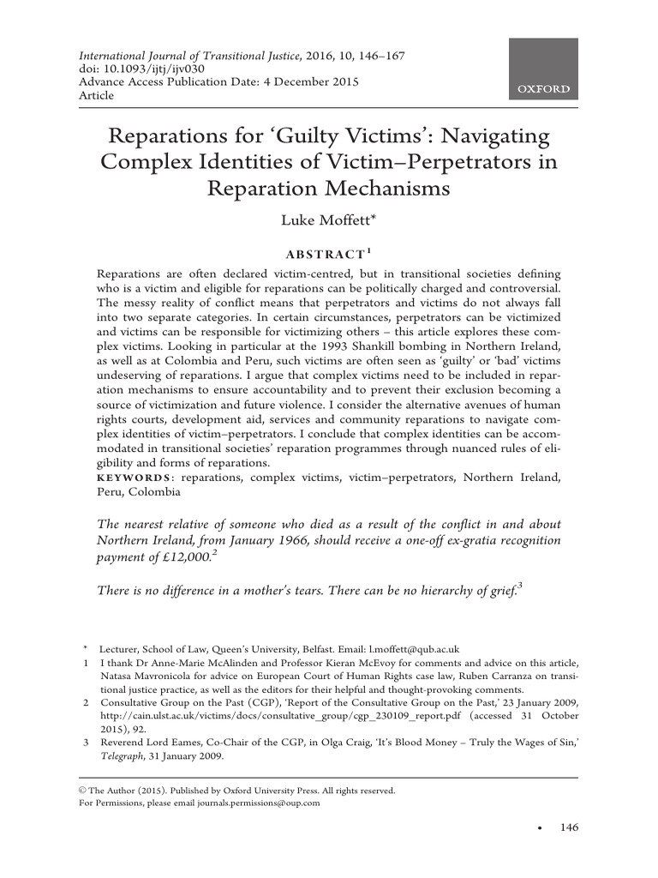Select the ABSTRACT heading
pyautogui.click(x=326, y=254)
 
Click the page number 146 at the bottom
pyautogui.click(x=569, y=827)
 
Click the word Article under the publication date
pyautogui.click(x=96, y=95)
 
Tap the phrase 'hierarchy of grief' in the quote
pyautogui.click(x=454, y=590)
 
